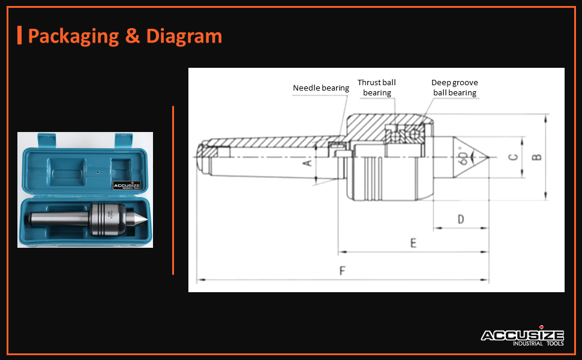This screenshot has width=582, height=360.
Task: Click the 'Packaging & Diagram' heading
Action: (x=125, y=36)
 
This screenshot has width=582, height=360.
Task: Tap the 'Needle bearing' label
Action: (x=320, y=88)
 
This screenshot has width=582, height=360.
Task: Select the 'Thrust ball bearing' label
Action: (x=377, y=88)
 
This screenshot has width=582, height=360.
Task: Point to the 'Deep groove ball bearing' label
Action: (x=455, y=88)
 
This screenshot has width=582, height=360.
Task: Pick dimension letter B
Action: (x=537, y=157)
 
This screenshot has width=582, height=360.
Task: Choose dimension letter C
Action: (x=512, y=157)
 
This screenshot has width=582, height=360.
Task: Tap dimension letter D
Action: (x=461, y=219)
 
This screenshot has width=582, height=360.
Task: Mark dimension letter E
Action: (x=413, y=243)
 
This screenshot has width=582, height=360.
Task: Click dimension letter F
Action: (x=343, y=271)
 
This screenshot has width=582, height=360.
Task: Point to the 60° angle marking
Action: (x=464, y=157)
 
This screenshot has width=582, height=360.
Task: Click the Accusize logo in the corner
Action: (x=522, y=338)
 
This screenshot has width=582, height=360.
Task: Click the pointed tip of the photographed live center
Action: (x=145, y=221)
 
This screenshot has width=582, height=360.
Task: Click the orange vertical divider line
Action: (x=173, y=190)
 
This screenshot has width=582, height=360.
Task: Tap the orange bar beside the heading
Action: (x=20, y=35)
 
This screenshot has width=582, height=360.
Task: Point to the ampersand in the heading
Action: (x=132, y=36)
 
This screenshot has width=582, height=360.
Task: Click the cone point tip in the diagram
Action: (x=488, y=157)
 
